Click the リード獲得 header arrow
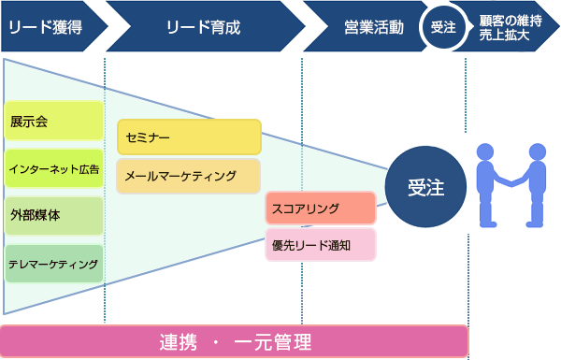click(47, 27)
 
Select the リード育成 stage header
click(202, 27)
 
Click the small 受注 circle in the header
click(442, 27)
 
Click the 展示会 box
click(53, 122)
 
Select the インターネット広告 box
click(53, 168)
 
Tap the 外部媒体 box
click(53, 215)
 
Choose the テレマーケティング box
click(53, 264)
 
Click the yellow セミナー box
click(189, 137)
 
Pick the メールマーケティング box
click(189, 175)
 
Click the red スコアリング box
click(320, 209)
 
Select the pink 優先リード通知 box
click(320, 245)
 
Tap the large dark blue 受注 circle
click(425, 187)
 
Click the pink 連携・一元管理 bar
click(234, 341)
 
